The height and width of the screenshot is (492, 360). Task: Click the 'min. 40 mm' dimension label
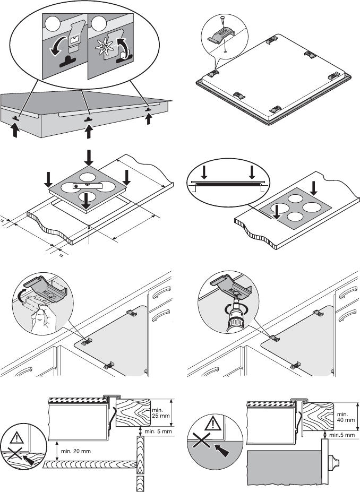(346, 417)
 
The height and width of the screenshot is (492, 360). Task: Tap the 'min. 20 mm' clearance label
(76, 451)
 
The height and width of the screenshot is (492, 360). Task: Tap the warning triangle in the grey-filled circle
(213, 423)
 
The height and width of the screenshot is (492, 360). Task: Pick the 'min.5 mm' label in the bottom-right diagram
(342, 435)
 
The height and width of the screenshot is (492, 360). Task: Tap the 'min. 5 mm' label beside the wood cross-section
(158, 431)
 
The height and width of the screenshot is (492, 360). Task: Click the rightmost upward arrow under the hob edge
(149, 118)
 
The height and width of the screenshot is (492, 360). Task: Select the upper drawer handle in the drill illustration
(348, 292)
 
